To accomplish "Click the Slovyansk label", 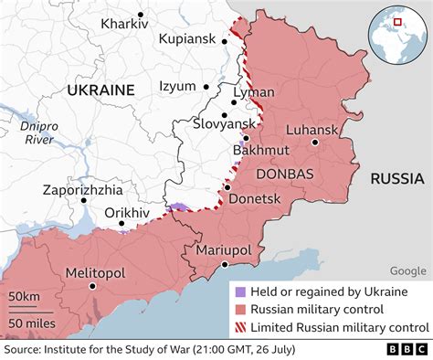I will pos(226,122).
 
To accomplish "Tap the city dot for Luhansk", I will pos(314,143).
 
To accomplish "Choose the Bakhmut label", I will pos(261,150).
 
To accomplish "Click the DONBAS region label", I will pos(285,174).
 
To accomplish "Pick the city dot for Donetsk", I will pos(227,187).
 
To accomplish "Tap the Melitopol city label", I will pos(94,272).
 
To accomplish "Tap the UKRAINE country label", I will pos(100,90).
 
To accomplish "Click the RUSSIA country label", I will pos(396,178).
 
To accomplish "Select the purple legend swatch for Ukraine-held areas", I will pos(240,291).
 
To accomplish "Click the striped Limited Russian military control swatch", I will pos(240,327).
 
